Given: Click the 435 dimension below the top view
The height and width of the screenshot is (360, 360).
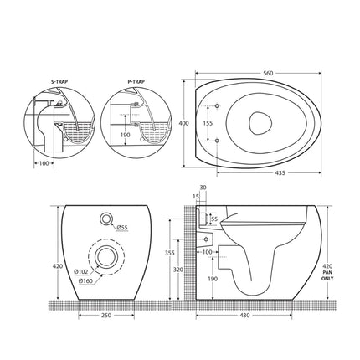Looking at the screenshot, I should pyautogui.click(x=270, y=173).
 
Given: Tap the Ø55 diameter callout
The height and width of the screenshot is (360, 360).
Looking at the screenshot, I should pyautogui.click(x=121, y=228).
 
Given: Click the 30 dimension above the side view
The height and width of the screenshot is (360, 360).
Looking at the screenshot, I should pyautogui.click(x=202, y=187).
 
